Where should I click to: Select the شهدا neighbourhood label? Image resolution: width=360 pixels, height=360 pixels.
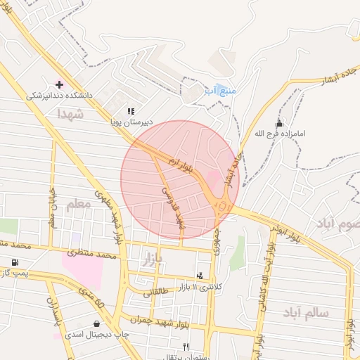(x=71, y=113)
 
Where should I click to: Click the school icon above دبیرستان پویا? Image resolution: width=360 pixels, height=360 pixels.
(x=131, y=111)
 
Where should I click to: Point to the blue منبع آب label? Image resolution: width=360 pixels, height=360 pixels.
(x=219, y=91)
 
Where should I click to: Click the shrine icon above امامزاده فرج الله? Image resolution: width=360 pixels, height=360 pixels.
(x=279, y=124)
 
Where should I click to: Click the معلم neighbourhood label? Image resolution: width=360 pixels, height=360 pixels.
(x=78, y=205)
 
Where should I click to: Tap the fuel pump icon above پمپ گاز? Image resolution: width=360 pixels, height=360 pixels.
(x=15, y=262)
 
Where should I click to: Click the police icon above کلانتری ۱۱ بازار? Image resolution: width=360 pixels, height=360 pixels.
(x=200, y=276)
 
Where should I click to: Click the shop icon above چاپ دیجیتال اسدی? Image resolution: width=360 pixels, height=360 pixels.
(x=96, y=324)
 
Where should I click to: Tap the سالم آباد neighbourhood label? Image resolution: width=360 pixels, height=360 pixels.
(x=307, y=311)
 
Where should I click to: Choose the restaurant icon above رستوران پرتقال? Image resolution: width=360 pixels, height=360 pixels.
(x=186, y=346)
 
